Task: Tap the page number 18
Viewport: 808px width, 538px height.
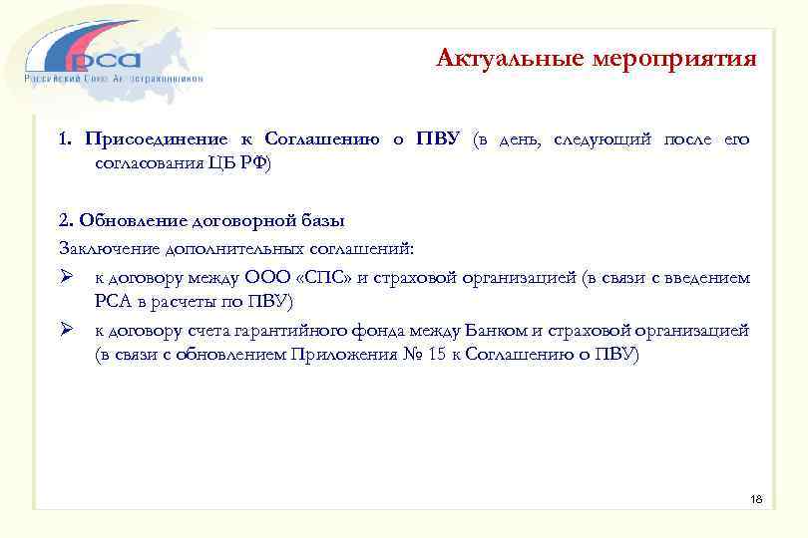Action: (755, 498)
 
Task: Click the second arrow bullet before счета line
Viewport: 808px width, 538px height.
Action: (66, 330)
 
